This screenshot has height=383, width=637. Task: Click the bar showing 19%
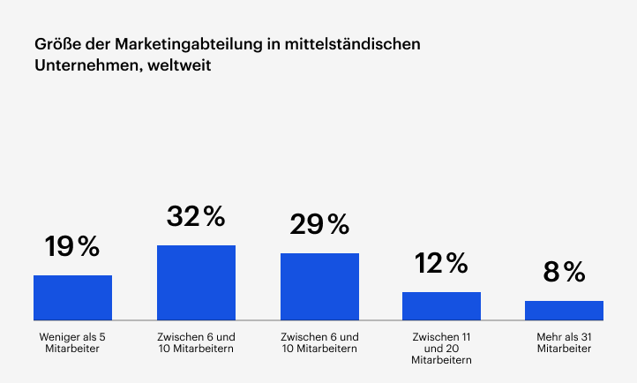click(72, 297)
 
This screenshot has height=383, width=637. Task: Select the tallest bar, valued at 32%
click(196, 282)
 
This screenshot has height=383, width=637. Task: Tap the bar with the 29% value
click(319, 287)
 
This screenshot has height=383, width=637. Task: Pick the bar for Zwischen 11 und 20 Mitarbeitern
click(441, 305)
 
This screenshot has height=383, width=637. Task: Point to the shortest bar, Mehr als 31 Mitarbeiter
click(564, 310)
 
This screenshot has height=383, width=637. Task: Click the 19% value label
click(72, 247)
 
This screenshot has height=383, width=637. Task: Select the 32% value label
click(196, 216)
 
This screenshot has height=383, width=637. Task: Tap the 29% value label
click(319, 224)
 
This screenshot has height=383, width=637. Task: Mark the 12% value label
click(441, 263)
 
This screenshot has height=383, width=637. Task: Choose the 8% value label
click(564, 273)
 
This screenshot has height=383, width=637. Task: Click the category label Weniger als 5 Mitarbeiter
click(72, 342)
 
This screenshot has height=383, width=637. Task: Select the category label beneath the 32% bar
click(196, 342)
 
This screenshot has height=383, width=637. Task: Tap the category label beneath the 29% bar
click(319, 342)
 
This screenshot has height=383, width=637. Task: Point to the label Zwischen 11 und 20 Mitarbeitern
click(441, 349)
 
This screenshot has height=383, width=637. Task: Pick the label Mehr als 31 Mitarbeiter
click(564, 342)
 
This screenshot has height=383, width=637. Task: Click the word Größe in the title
click(56, 43)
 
